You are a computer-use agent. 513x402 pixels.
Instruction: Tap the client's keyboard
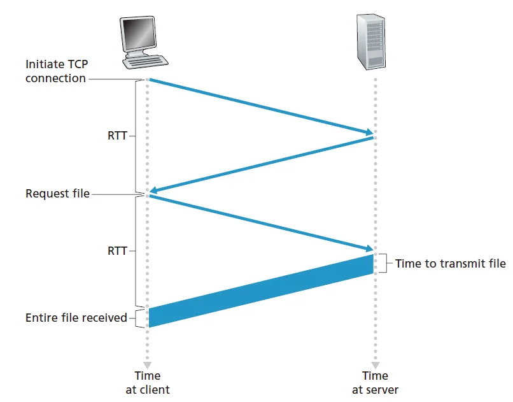pos(146,62)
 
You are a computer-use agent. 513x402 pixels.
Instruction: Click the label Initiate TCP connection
pos(55,71)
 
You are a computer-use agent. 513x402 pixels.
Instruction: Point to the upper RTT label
pos(118,136)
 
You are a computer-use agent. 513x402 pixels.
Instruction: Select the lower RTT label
pos(118,251)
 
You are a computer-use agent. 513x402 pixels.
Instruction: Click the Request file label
pos(57,193)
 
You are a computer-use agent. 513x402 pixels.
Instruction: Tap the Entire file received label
pos(76,317)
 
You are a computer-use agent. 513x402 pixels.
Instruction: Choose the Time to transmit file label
pos(450,263)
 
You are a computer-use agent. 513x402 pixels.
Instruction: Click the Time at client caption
pos(148,382)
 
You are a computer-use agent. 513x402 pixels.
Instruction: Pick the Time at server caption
pos(375,382)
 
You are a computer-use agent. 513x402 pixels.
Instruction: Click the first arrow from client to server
pos(261,106)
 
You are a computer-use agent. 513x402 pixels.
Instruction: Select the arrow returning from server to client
pos(261,164)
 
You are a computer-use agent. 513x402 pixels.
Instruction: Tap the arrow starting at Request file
pos(261,222)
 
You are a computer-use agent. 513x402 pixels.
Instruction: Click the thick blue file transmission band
pos(261,291)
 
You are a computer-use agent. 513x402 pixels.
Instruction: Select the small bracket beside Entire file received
pos(138,317)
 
